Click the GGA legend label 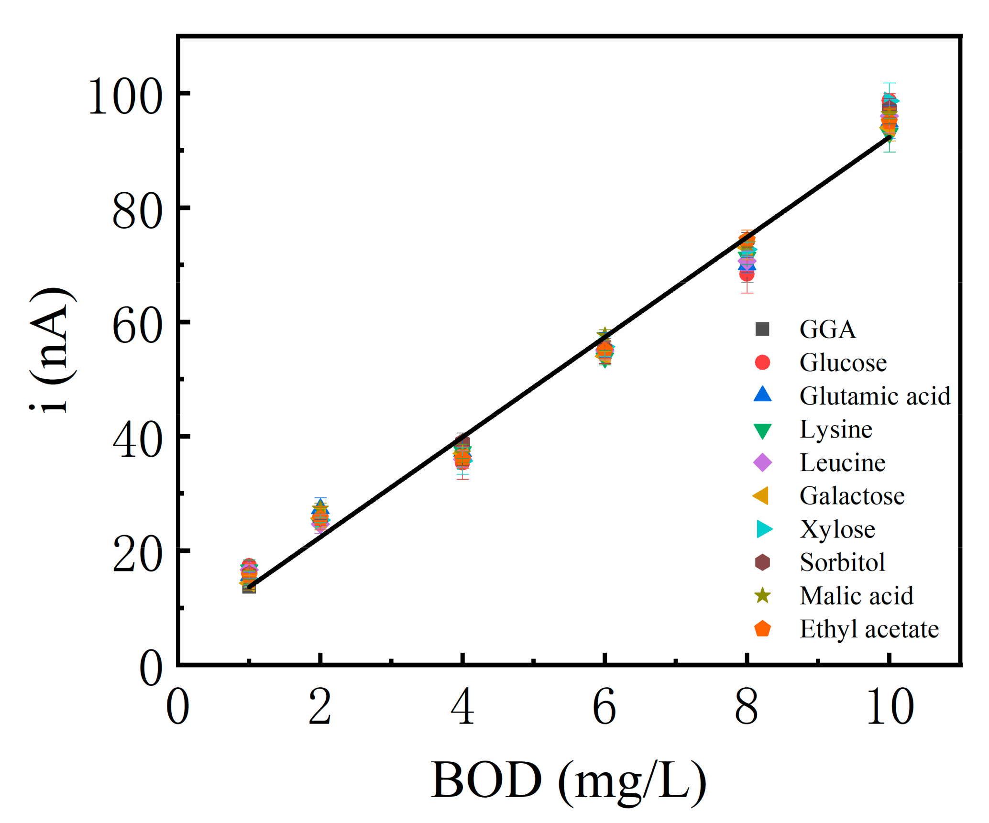pos(827,329)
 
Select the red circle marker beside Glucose pos(762,362)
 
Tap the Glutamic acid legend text pos(875,396)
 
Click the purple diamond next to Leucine pos(762,462)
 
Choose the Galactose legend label pos(852,496)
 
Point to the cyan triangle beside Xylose pos(764,529)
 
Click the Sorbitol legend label pos(842,562)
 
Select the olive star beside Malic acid pos(762,596)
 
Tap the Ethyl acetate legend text pos(869,629)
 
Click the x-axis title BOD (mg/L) pos(568,780)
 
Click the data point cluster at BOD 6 pos(605,351)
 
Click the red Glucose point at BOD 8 pos(747,274)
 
